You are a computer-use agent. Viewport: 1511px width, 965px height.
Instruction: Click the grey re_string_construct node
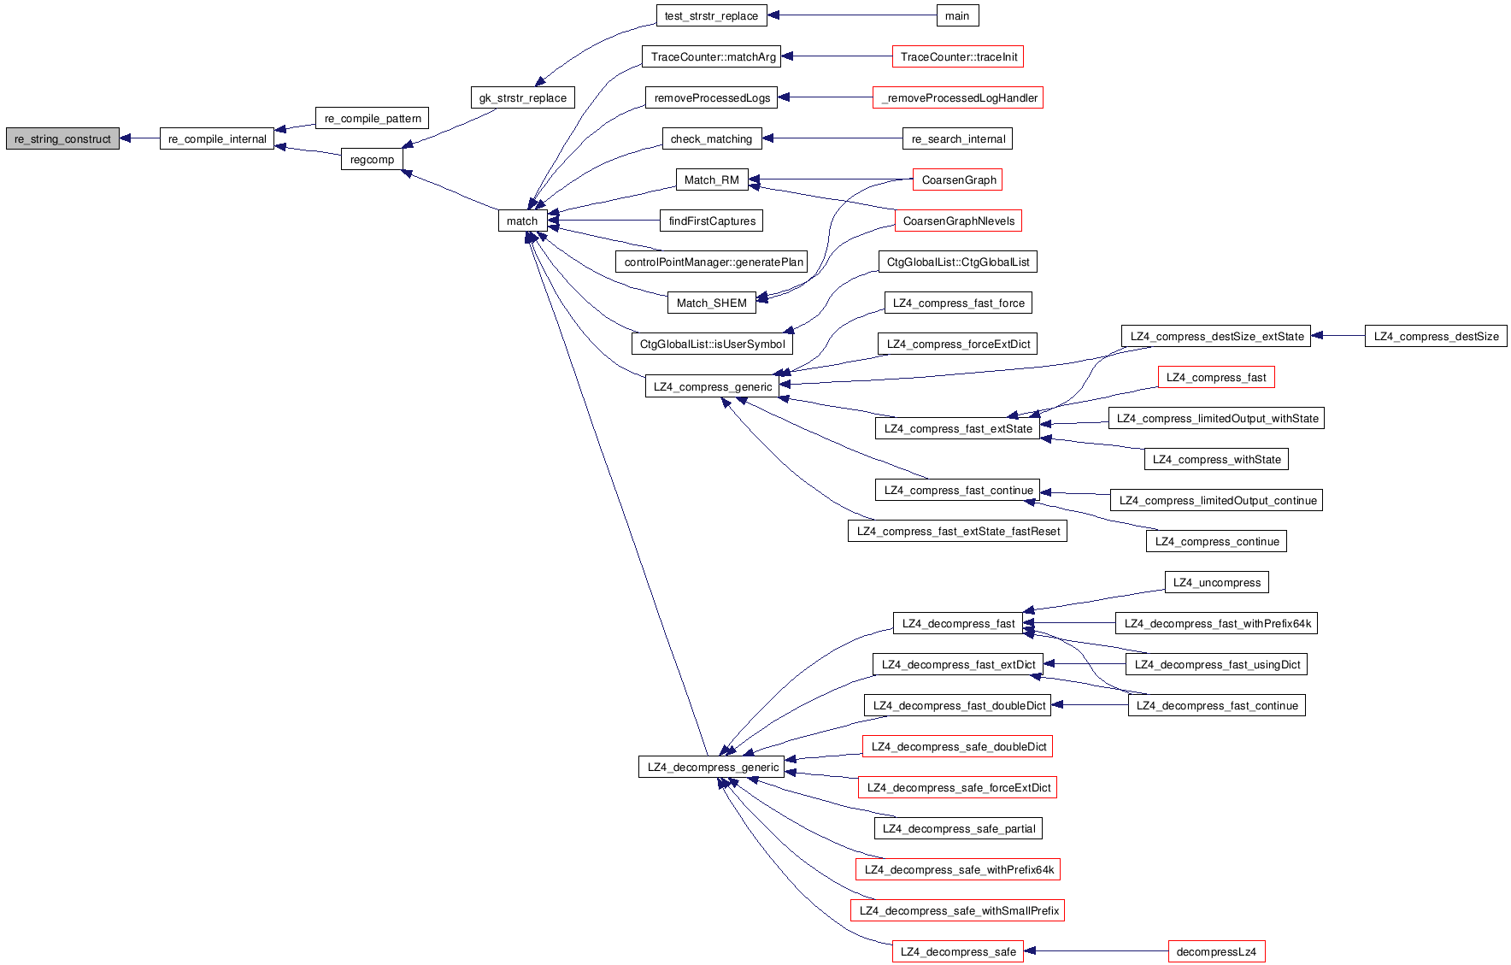coord(62,138)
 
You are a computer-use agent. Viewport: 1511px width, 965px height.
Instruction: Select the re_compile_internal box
coord(217,138)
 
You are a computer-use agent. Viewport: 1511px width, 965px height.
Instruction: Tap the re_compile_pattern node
coord(372,118)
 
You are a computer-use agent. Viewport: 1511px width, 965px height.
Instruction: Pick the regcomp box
coord(372,159)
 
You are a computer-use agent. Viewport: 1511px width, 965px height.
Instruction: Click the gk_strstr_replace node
coord(522,97)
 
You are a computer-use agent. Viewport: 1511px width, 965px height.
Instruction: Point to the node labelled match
coord(521,221)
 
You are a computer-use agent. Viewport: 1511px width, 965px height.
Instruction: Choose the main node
coord(956,15)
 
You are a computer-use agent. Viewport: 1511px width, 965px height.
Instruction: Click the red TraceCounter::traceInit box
coord(958,56)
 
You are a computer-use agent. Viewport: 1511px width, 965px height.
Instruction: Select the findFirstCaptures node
coord(711,221)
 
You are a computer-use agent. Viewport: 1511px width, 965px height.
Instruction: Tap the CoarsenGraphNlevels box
coord(958,221)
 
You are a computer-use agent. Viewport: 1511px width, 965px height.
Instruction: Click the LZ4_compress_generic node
coord(712,386)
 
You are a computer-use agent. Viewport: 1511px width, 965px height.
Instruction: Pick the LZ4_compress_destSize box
coord(1436,336)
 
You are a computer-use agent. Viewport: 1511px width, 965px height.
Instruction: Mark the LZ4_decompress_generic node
coord(712,767)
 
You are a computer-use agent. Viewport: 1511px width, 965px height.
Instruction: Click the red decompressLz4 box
coord(1215,951)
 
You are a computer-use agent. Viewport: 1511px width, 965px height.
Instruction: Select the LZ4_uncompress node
coord(1216,582)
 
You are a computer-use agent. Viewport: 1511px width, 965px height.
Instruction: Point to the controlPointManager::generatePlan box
coord(713,262)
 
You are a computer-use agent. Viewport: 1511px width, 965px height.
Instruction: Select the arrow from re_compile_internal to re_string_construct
coord(139,138)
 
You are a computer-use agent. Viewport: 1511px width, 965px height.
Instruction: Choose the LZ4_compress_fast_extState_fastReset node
coord(957,531)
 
